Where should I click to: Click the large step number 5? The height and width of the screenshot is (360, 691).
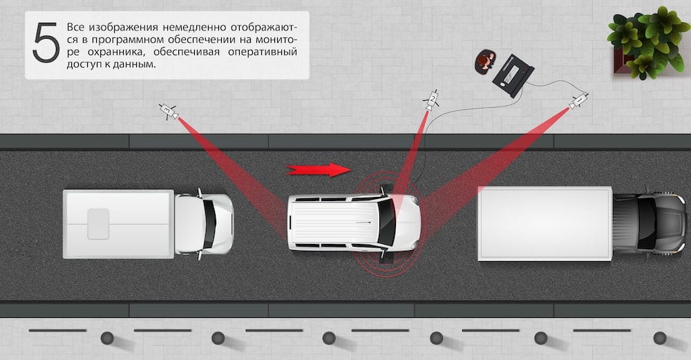point(46,43)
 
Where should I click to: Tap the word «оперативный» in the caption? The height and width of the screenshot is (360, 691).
point(262,52)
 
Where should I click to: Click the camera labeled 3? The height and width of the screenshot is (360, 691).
point(169,111)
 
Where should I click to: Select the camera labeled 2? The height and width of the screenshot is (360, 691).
point(431,100)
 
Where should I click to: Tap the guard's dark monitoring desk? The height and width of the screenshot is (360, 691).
point(513,76)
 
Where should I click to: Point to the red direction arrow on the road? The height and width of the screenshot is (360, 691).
point(319,170)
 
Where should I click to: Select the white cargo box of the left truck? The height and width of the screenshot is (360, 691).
point(118,224)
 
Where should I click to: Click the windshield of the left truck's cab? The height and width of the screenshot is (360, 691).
point(209,225)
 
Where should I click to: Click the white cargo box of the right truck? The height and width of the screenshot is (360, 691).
point(545,223)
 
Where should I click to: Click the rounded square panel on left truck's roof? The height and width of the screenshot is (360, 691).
point(98,224)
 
